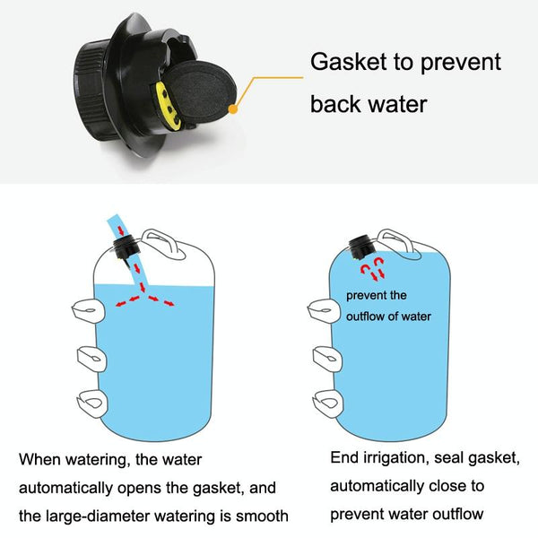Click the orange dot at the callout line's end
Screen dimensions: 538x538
(x=233, y=109)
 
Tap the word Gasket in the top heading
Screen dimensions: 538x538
(x=348, y=62)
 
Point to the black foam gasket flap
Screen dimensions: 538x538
(x=201, y=92)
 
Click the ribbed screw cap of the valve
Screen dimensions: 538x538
(x=90, y=91)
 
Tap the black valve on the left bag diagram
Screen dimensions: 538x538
(x=126, y=247)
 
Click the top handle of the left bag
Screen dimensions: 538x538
(x=164, y=243)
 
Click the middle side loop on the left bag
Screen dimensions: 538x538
(x=92, y=360)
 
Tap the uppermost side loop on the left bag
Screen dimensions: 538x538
(x=88, y=311)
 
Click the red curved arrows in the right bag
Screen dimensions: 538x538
(x=373, y=268)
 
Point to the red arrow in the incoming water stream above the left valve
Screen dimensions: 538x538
(x=121, y=230)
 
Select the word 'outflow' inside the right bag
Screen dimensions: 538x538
(x=365, y=317)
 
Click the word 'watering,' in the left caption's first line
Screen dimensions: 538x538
(x=97, y=460)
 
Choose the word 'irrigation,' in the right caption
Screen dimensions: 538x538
(x=396, y=459)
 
